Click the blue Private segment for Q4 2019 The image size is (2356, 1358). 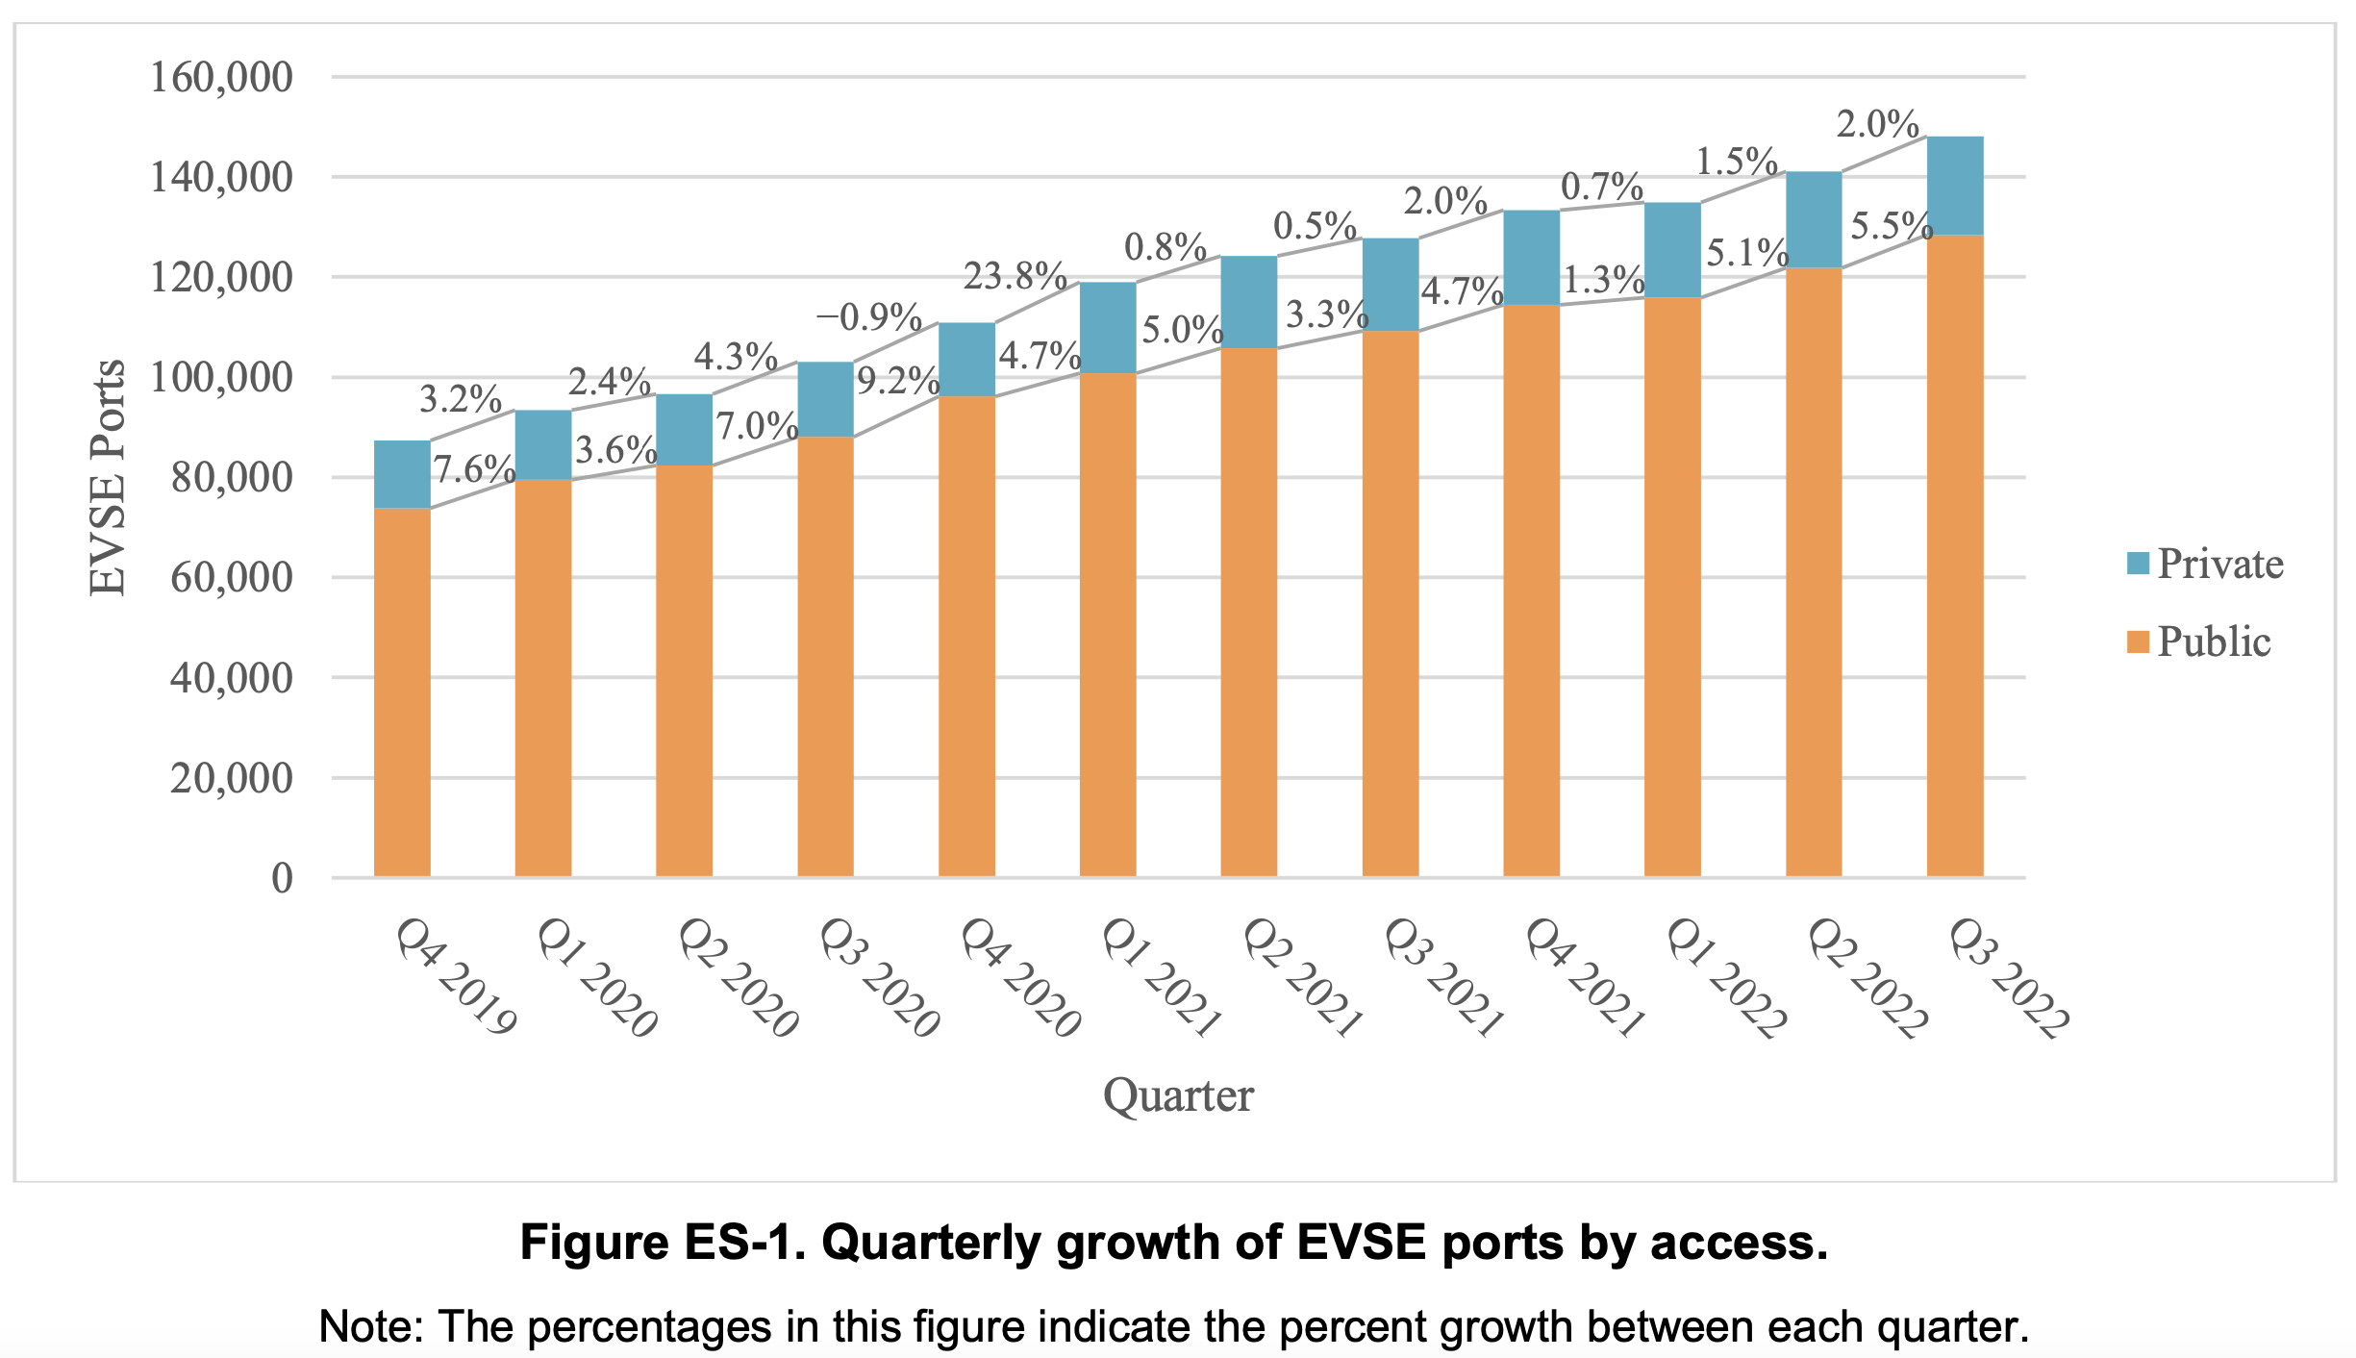(x=402, y=474)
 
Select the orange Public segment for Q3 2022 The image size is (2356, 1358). (x=1954, y=556)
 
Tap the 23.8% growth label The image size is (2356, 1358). (x=1015, y=277)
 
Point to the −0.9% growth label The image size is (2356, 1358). (x=868, y=316)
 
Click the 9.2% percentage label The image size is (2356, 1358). (x=897, y=382)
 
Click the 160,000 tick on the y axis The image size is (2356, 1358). (x=221, y=77)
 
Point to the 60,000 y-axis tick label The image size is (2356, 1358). (x=231, y=578)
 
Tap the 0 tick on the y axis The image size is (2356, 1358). (x=282, y=878)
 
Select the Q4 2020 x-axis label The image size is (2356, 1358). (x=1020, y=977)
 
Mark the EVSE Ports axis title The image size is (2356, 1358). (x=108, y=477)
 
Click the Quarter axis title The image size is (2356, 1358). (x=1178, y=1095)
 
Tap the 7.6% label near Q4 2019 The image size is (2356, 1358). (x=473, y=469)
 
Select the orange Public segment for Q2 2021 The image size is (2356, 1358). (x=1248, y=612)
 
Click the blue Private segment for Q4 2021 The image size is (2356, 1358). (x=1531, y=258)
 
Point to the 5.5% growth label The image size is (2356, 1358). (x=1891, y=227)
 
